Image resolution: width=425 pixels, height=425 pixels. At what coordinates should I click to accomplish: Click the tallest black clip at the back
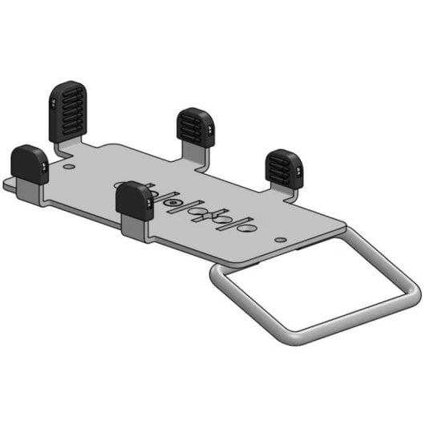pyautogui.click(x=69, y=109)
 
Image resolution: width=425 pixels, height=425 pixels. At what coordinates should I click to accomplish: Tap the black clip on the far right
pyautogui.click(x=283, y=168)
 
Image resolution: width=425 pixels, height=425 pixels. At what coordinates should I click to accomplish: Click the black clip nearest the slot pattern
pyautogui.click(x=135, y=200)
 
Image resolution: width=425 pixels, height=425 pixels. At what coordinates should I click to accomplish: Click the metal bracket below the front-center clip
pyautogui.click(x=136, y=229)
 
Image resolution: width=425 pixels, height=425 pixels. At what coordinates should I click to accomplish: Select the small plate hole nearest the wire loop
pyautogui.click(x=279, y=239)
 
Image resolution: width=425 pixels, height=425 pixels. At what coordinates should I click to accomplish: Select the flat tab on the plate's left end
pyautogui.click(x=9, y=185)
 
